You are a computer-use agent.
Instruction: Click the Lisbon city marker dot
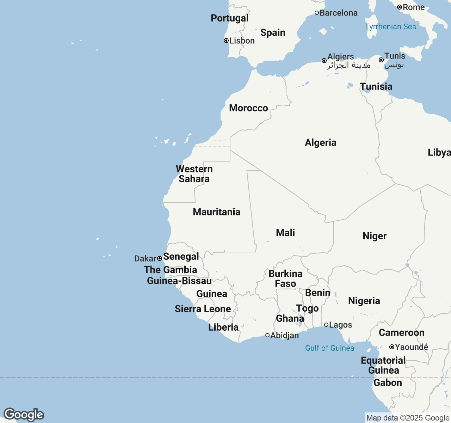click(x=226, y=41)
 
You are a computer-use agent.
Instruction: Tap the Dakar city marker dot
click(x=160, y=258)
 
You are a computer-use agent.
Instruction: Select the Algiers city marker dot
click(x=324, y=61)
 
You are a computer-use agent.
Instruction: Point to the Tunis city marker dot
click(x=381, y=60)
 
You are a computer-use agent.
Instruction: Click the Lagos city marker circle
click(x=326, y=325)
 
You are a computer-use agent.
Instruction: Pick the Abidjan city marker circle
click(x=267, y=335)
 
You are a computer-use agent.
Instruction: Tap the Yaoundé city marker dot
click(x=391, y=347)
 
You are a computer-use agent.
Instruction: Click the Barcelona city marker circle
click(x=317, y=13)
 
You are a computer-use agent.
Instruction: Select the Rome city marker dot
click(x=400, y=7)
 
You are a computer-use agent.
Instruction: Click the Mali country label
click(x=285, y=233)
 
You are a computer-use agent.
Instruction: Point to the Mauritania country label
click(x=216, y=212)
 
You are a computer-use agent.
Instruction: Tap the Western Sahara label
click(x=194, y=174)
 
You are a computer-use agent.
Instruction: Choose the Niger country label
click(x=375, y=236)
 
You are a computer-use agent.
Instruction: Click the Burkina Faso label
click(x=285, y=278)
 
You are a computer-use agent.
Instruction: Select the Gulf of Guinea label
click(x=329, y=348)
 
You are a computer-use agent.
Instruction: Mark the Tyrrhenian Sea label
click(x=390, y=26)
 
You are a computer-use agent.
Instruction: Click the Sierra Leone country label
click(x=203, y=309)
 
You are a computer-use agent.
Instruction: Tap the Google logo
click(x=24, y=415)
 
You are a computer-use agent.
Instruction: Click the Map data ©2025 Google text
click(x=408, y=418)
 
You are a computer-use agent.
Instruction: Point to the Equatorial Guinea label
click(x=383, y=365)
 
